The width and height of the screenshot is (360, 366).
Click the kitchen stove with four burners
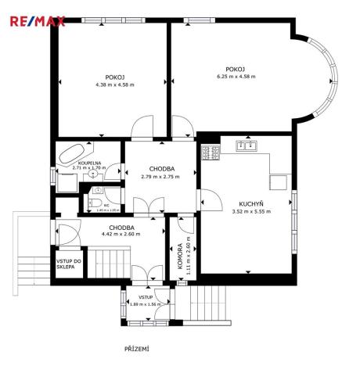click(211, 152)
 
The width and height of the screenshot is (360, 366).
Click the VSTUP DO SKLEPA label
click(66, 264)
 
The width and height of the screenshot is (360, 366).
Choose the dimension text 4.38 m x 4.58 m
click(110, 84)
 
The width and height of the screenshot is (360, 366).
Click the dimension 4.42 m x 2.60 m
click(121, 234)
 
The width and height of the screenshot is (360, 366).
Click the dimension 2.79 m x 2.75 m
click(160, 176)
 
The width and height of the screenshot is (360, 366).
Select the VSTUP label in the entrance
click(145, 297)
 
